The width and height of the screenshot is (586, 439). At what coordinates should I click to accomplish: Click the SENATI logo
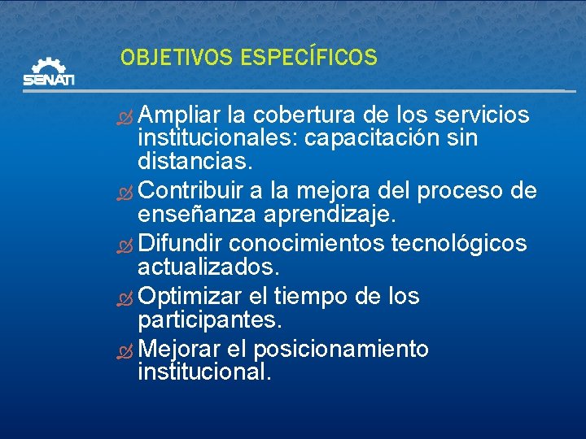coord(48,72)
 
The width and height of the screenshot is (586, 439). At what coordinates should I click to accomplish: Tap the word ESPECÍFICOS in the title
coord(309,58)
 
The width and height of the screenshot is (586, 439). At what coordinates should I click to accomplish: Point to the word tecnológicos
coord(459,244)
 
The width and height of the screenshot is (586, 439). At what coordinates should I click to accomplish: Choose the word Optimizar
coord(187,297)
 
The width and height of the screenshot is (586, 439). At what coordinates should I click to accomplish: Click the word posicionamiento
coord(341,350)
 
